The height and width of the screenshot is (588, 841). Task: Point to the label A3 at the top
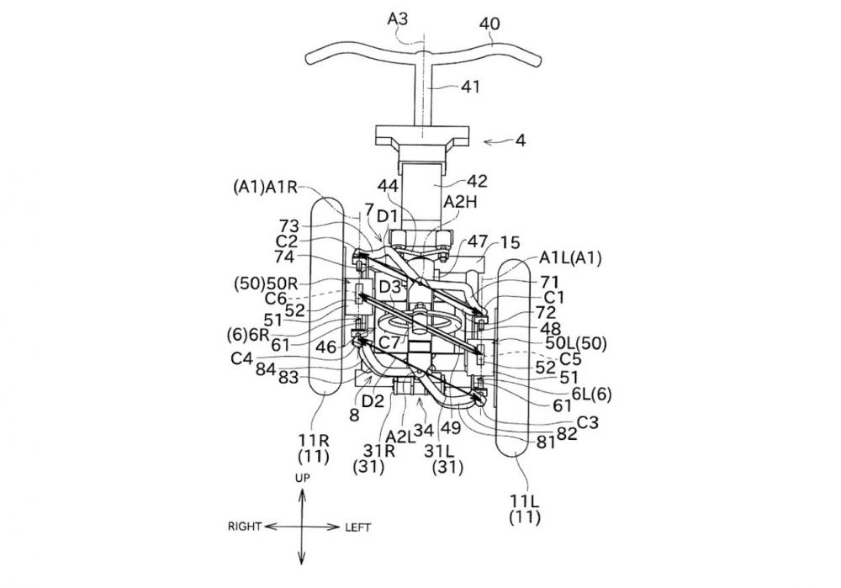pos(399,17)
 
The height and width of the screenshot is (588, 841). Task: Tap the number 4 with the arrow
pos(521,141)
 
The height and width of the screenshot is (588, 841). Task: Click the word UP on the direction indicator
pos(302,477)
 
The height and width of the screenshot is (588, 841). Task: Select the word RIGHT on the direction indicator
pos(246,527)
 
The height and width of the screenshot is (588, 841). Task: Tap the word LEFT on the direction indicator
pos(357,527)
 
